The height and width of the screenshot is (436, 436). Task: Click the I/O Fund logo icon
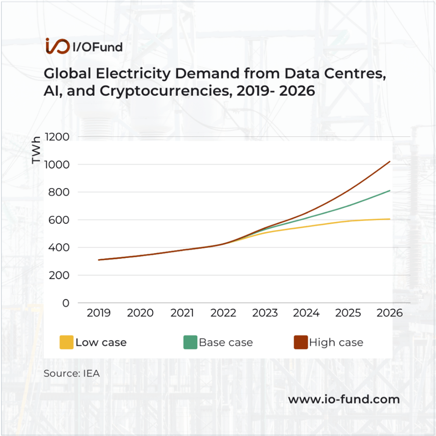tap(57, 46)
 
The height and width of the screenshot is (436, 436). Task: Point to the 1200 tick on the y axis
tap(57, 137)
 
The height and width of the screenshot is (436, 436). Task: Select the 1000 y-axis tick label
tap(57, 164)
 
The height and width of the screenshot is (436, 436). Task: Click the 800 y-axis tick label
tap(59, 192)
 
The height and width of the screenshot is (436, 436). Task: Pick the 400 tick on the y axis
tap(59, 248)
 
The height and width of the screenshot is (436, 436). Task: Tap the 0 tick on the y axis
tap(66, 303)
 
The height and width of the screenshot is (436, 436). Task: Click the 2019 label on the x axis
tap(99, 313)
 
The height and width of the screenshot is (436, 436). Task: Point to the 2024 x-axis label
tap(307, 313)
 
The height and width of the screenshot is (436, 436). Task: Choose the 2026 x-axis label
tap(390, 313)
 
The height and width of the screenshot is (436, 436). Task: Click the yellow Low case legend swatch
tap(66, 342)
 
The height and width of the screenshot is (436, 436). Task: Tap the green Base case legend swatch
tap(190, 342)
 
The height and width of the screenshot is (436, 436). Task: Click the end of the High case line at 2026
tap(390, 161)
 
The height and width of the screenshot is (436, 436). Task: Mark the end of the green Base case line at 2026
tap(390, 191)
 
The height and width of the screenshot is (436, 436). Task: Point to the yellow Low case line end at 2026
tap(390, 219)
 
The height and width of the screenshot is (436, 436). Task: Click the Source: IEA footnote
tap(71, 374)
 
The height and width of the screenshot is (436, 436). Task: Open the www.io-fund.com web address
tap(344, 399)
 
